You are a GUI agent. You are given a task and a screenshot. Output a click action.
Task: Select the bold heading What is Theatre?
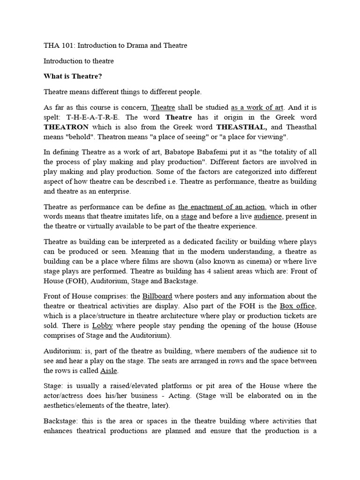coord(73,76)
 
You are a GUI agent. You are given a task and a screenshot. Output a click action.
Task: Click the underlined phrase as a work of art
coord(257,107)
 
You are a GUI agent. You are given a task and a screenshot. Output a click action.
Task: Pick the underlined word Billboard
coord(157,296)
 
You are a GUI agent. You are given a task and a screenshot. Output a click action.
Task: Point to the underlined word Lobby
coord(103,326)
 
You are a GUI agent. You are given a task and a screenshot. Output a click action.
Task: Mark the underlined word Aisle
coord(109,370)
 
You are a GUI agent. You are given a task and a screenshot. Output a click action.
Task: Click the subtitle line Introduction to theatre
coord(79,61)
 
